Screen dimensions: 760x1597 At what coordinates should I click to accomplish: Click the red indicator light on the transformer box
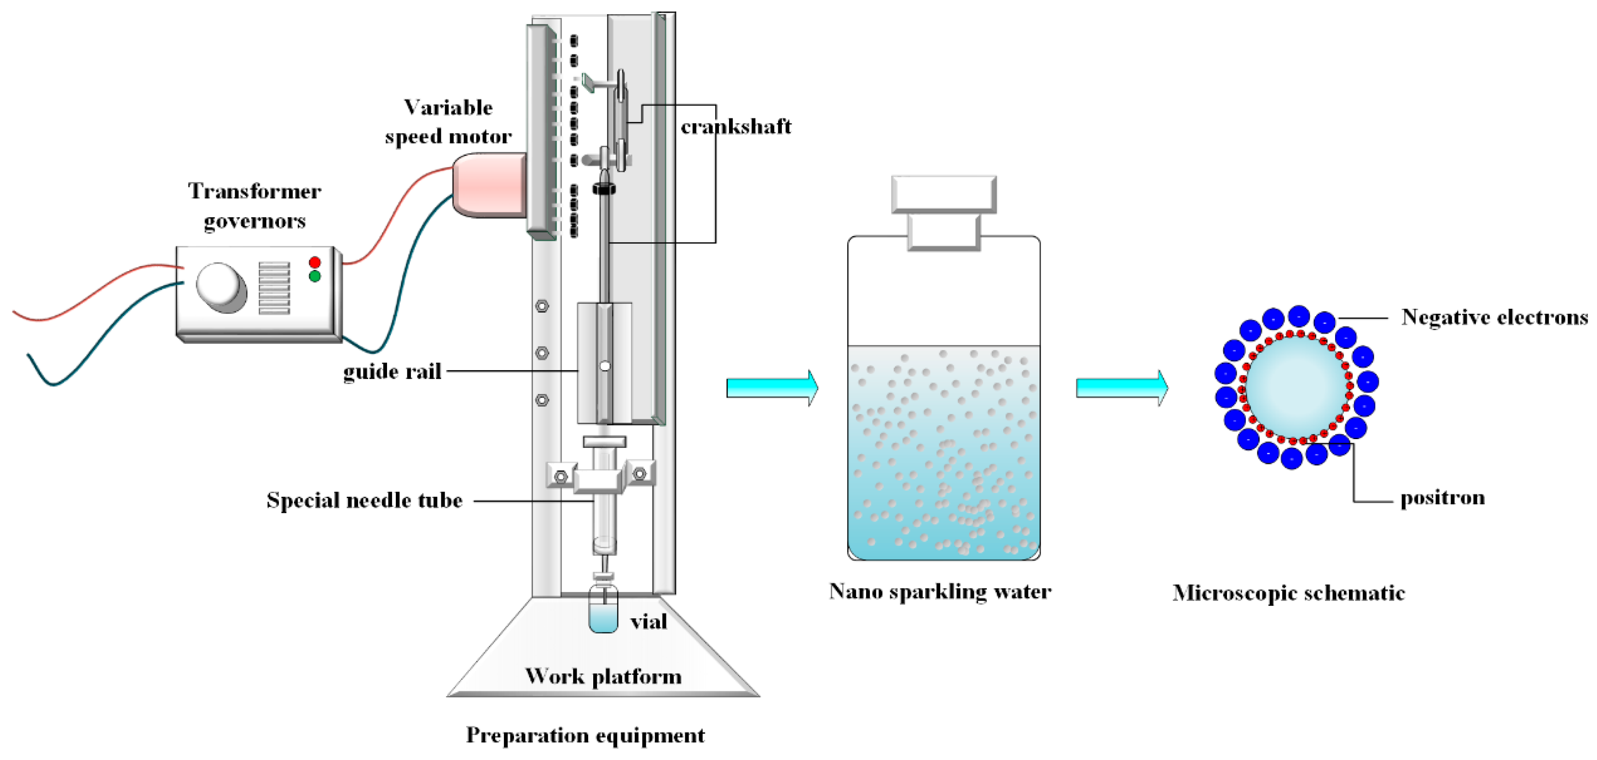point(314,262)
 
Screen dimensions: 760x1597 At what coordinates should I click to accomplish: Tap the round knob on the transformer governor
point(220,286)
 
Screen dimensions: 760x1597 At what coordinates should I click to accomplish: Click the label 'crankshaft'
point(736,127)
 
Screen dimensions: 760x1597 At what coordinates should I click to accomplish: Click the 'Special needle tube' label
point(365,500)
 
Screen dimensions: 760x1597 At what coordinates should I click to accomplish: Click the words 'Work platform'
point(603,676)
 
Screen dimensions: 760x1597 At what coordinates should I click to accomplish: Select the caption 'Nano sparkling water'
point(940,592)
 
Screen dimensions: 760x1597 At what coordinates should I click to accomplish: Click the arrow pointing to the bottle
point(772,388)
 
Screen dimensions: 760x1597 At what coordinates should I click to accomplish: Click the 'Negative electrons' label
point(1494,317)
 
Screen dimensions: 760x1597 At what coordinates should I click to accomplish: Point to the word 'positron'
point(1442,498)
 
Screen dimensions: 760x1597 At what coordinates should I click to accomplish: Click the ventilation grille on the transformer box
point(274,288)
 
